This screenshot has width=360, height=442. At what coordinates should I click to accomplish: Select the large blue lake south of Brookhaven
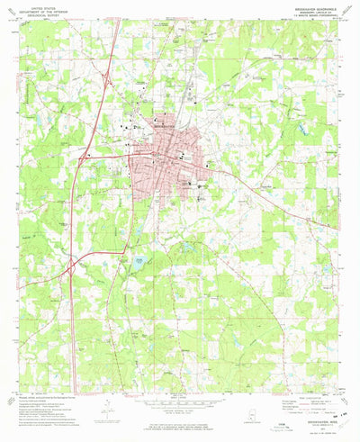(x=138, y=260)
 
